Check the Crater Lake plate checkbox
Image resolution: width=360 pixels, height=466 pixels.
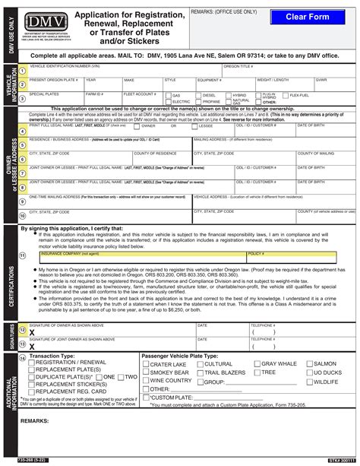pyautogui.click(x=146, y=365)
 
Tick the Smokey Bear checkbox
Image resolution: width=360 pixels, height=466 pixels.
pyautogui.click(x=146, y=373)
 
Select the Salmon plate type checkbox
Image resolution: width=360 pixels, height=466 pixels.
pyautogui.click(x=310, y=364)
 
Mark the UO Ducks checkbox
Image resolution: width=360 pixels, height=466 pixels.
pyautogui.click(x=310, y=373)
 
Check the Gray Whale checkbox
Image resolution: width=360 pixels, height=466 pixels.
pyautogui.click(x=256, y=364)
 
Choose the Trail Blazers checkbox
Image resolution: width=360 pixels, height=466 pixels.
pyautogui.click(x=200, y=373)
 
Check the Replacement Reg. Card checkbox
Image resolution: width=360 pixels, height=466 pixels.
pyautogui.click(x=31, y=392)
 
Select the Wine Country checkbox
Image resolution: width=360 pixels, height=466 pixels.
pyautogui.click(x=146, y=382)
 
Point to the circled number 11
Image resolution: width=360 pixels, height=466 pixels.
pyautogui.click(x=23, y=255)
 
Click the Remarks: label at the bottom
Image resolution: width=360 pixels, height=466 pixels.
pyautogui.click(x=34, y=420)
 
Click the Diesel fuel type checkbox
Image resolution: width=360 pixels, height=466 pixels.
pyautogui.click(x=199, y=95)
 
